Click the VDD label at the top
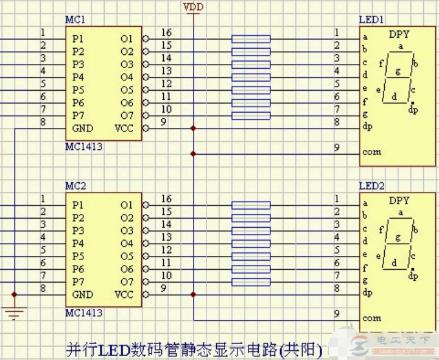click(x=194, y=7)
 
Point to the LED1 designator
click(x=371, y=19)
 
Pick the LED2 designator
click(x=371, y=186)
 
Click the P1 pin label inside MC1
click(x=77, y=38)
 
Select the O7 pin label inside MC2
click(x=126, y=281)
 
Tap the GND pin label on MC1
click(x=82, y=128)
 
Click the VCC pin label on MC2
click(x=124, y=294)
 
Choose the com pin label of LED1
click(x=371, y=152)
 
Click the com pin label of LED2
click(x=371, y=318)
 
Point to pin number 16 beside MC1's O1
click(x=166, y=32)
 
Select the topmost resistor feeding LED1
click(x=250, y=39)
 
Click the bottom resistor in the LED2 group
click(x=250, y=282)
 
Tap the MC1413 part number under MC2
click(x=83, y=313)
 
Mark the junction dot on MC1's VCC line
click(x=194, y=129)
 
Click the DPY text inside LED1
click(x=399, y=34)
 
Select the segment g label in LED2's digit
click(x=398, y=238)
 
